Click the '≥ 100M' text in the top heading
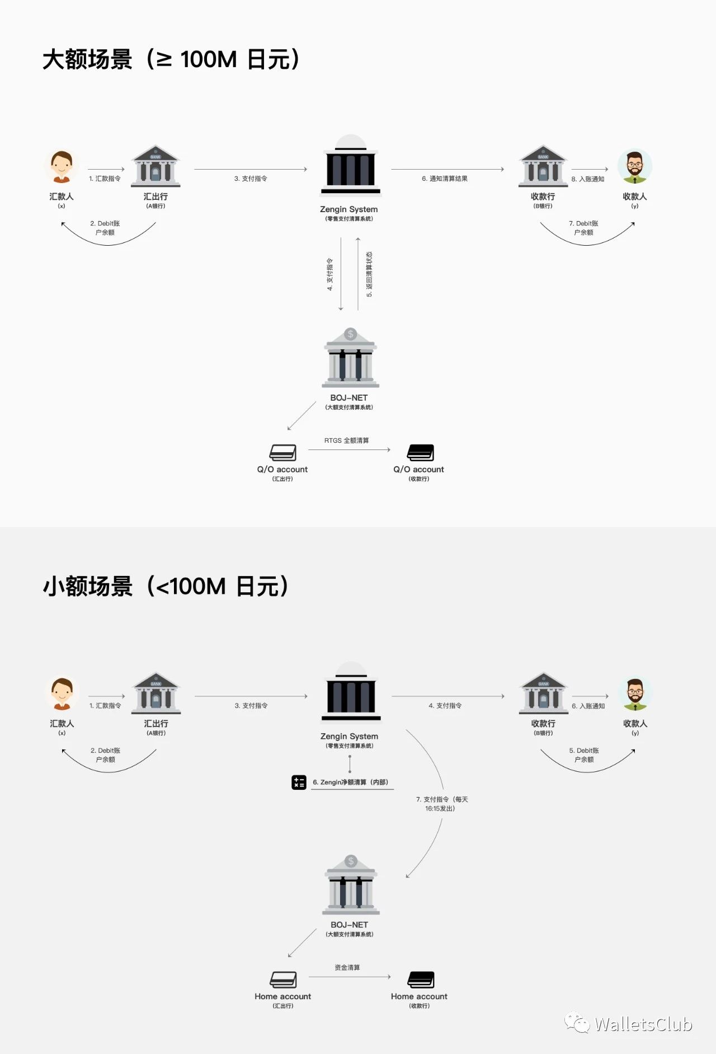[196, 59]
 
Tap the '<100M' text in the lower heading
[190, 587]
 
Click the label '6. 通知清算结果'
[445, 179]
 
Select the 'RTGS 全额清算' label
[346, 441]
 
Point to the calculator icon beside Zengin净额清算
[299, 782]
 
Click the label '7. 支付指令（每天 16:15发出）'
[441, 804]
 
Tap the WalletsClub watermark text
[643, 1024]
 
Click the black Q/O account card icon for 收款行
[421, 452]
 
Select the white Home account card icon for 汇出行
[283, 980]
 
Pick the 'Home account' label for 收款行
[419, 996]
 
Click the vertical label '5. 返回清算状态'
[369, 274]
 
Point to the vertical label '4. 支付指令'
[330, 274]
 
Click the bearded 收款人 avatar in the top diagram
[634, 167]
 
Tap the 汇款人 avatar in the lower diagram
[62, 694]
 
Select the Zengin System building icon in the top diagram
[351, 166]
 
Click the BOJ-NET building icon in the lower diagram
[351, 884]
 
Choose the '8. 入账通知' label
[587, 179]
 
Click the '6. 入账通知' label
[588, 706]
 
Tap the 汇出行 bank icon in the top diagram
[156, 166]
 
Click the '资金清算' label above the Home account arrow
[347, 967]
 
